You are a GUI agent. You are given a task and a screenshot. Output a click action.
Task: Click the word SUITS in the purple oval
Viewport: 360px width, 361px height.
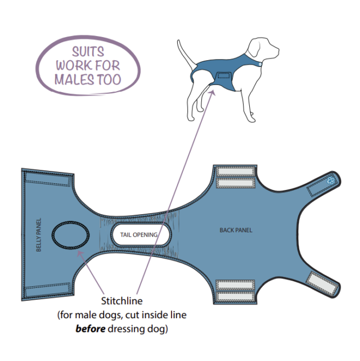88,52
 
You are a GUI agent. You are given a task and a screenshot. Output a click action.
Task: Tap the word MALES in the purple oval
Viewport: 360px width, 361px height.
74,80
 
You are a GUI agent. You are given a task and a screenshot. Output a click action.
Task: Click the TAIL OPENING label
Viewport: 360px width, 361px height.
139,235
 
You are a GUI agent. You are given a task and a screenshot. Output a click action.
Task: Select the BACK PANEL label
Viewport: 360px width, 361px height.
236,230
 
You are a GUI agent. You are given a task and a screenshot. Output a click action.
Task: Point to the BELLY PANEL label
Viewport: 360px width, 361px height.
39,235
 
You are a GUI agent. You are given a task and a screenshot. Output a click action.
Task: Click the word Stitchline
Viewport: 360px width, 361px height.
122,301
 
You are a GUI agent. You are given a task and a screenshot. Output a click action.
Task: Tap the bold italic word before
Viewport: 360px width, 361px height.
91,328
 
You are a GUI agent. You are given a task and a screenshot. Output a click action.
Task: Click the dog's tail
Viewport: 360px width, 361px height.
186,55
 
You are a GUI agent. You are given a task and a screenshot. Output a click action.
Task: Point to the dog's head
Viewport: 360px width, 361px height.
263,49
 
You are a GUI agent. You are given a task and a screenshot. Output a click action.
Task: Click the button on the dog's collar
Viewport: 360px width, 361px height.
260,64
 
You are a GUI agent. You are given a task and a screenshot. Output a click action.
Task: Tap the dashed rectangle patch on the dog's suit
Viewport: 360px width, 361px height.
224,75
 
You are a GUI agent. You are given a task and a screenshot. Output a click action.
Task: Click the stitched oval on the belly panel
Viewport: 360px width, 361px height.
70,235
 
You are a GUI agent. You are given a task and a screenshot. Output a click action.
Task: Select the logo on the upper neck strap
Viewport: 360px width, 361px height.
331,180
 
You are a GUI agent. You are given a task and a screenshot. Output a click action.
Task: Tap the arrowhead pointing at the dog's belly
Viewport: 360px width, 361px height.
213,93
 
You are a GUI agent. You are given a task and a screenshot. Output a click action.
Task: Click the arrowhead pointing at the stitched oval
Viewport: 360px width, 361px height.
80,254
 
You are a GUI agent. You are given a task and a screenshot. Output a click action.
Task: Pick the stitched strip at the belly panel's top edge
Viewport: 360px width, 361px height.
48,179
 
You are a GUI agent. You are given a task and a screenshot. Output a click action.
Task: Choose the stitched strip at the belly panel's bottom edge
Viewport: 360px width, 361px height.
48,290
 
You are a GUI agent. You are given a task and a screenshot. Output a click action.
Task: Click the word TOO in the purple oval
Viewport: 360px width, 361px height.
109,80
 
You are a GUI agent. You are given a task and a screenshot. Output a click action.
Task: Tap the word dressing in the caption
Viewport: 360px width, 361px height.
126,329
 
